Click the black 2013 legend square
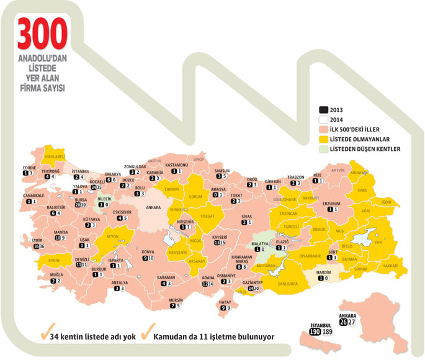(x=322, y=110)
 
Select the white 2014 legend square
(x=322, y=120)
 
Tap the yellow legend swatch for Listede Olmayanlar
(x=322, y=140)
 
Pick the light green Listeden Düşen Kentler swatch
(x=322, y=150)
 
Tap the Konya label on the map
(x=148, y=252)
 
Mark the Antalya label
(x=119, y=282)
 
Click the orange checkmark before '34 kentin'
(x=45, y=334)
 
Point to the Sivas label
(x=246, y=216)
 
